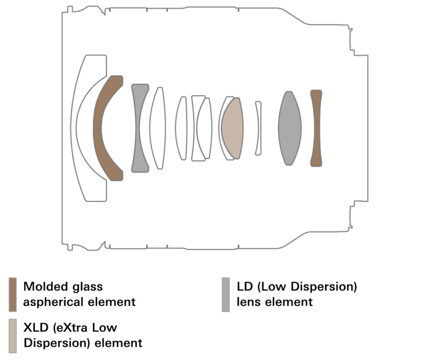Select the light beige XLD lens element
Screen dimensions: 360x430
coord(232,128)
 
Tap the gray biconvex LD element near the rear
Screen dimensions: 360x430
coord(289,128)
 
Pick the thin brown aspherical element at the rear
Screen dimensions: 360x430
coord(316,128)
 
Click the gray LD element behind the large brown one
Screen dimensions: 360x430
coord(138,128)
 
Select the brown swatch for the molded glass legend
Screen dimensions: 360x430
coord(12,294)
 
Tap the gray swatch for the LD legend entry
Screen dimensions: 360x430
coord(226,294)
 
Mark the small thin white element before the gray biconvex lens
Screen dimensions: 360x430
coord(259,128)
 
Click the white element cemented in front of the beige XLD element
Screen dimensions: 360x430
coord(222,128)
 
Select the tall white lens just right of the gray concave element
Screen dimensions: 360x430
coord(157,128)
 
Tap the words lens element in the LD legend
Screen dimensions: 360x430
coord(274,301)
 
